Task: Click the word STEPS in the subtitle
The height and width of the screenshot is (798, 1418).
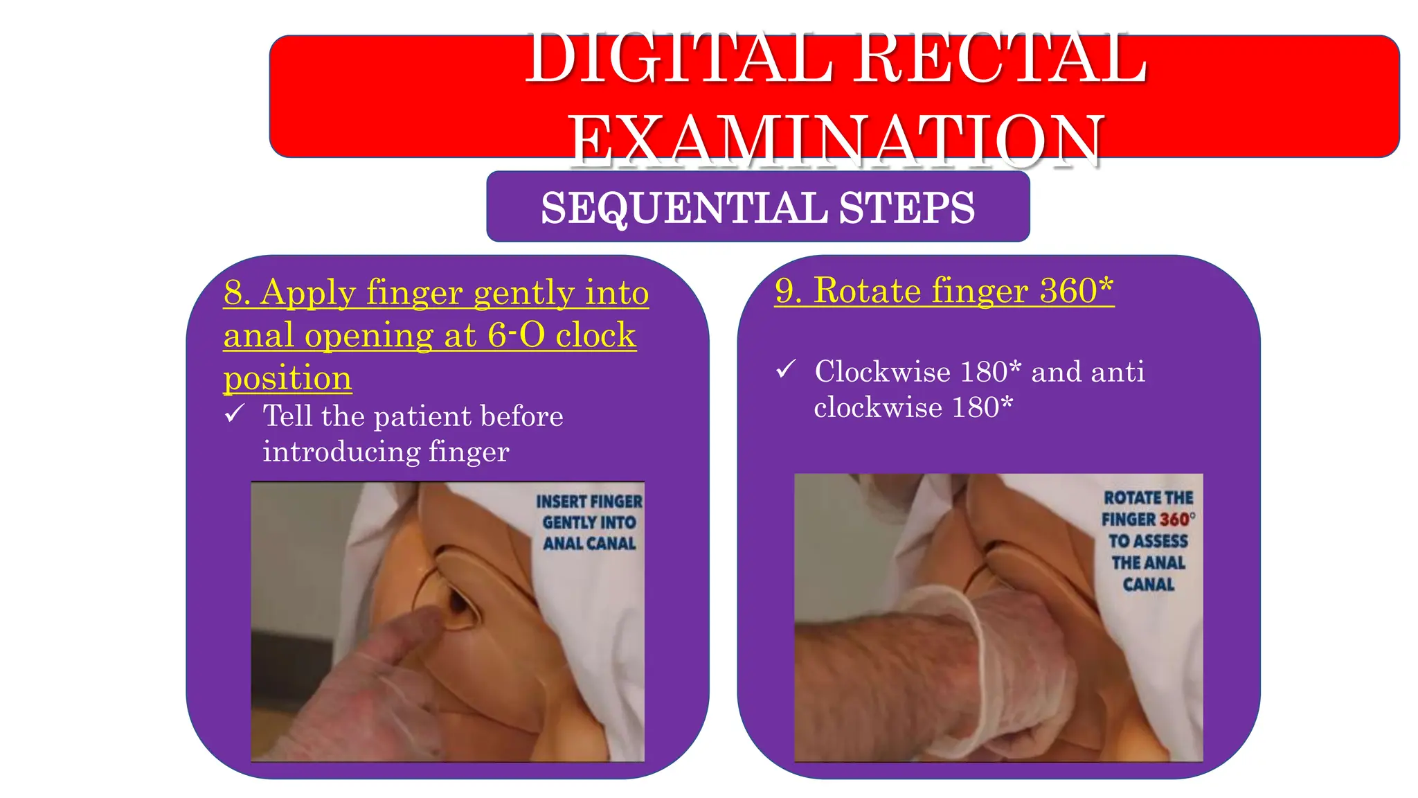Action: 907,208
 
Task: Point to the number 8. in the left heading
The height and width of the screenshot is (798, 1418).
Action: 237,293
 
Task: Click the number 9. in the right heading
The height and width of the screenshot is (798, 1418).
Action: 789,291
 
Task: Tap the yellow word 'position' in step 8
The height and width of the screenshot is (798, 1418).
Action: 287,378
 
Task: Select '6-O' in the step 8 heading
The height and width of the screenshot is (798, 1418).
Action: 516,335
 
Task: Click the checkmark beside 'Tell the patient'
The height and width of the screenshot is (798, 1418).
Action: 235,414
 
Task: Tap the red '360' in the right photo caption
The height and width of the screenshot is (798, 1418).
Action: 1174,520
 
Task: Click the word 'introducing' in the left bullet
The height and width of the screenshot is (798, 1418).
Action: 341,452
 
